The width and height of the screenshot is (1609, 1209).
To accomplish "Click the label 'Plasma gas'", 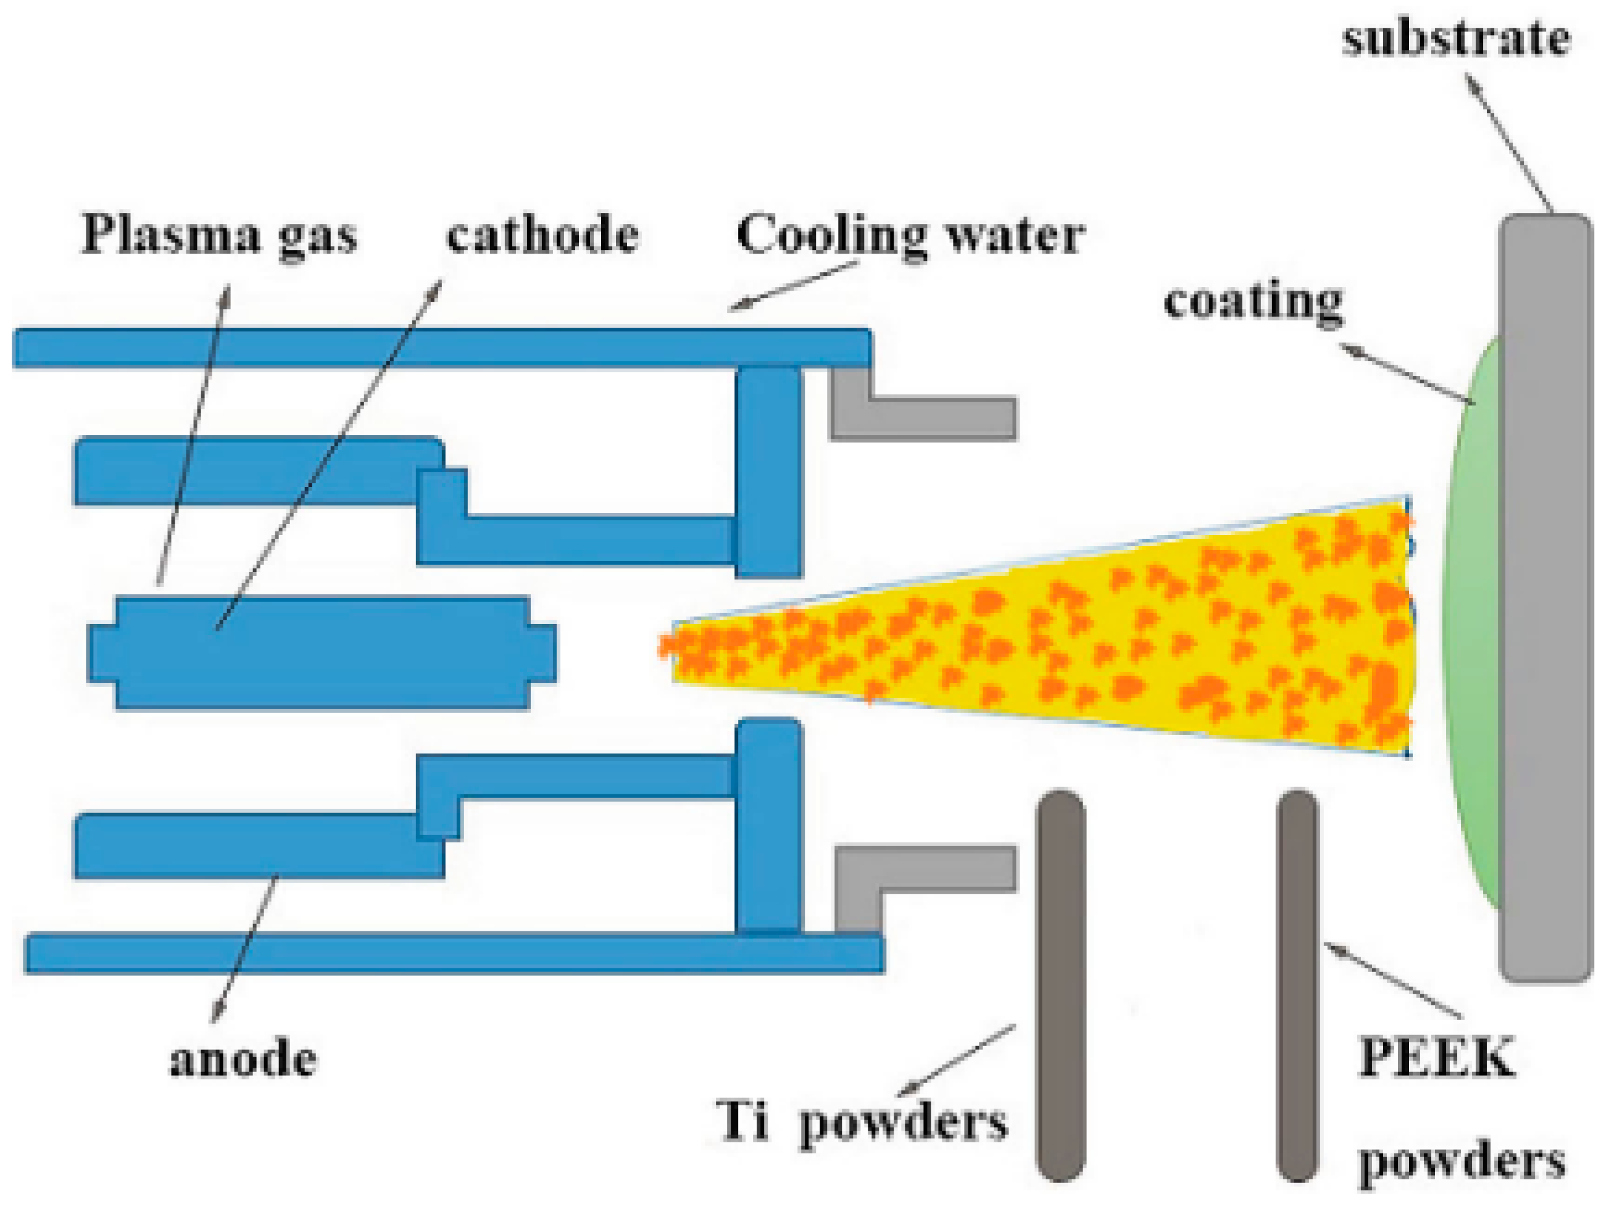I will tap(220, 235).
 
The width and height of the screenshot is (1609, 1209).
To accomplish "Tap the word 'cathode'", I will tap(542, 235).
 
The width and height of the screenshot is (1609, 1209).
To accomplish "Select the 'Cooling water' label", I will tap(909, 235).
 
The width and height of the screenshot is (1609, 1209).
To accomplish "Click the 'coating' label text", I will tap(1253, 302).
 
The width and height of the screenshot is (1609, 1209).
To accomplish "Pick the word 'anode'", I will tap(244, 1059).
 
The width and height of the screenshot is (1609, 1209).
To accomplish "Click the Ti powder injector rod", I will tap(1060, 982).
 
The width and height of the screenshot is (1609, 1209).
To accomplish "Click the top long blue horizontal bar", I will tap(436, 347).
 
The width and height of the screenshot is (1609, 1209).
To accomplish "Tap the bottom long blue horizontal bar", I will tap(451, 953).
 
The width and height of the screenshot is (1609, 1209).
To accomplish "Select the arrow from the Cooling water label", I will tap(793, 286).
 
